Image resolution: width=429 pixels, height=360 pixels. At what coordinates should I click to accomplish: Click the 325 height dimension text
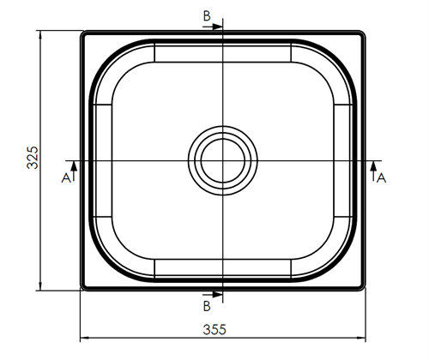(32, 159)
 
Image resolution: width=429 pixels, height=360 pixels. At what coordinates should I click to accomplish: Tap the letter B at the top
(206, 16)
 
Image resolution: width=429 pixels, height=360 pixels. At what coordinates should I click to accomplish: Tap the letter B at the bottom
(206, 305)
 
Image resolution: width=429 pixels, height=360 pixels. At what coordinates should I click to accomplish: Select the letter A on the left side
(64, 177)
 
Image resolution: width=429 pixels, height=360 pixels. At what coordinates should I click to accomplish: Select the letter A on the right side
(382, 177)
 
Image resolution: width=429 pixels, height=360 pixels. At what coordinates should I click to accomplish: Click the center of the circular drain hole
(222, 160)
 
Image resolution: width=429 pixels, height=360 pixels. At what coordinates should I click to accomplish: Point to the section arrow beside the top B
(215, 26)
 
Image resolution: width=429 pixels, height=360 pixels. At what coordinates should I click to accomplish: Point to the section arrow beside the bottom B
(215, 295)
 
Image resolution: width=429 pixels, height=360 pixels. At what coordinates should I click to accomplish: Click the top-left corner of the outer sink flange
(82, 33)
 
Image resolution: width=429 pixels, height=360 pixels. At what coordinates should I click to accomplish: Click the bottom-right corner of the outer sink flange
(364, 288)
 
